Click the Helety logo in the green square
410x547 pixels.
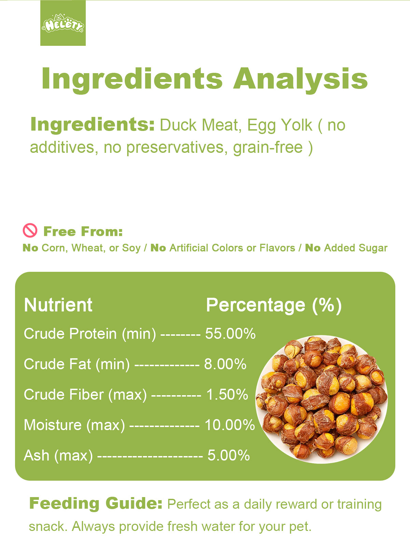point(63,24)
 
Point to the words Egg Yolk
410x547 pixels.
point(279,125)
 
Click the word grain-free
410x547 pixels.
point(268,148)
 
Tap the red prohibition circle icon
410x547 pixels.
point(30,230)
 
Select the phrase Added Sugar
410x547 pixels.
point(356,248)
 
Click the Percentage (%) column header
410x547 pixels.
point(274,306)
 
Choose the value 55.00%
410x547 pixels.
point(230,333)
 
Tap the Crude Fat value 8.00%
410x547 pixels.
point(225,364)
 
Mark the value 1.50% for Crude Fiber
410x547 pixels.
point(227,395)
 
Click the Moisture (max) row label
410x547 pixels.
point(74,425)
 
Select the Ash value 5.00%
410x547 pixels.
point(229,455)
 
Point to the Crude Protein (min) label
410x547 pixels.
point(90,334)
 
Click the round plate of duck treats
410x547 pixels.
point(322,399)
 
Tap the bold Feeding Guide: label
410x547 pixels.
point(96,504)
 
